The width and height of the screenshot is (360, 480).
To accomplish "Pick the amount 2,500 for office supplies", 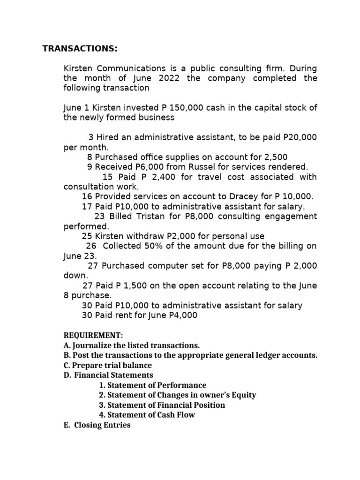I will coord(277,157).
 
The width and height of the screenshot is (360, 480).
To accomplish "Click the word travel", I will coord(202,177).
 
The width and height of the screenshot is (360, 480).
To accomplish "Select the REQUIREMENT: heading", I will coord(93,336).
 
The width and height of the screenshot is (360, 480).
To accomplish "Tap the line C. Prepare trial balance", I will coord(107,365).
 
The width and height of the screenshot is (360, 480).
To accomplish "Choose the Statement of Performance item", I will coord(153,385).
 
